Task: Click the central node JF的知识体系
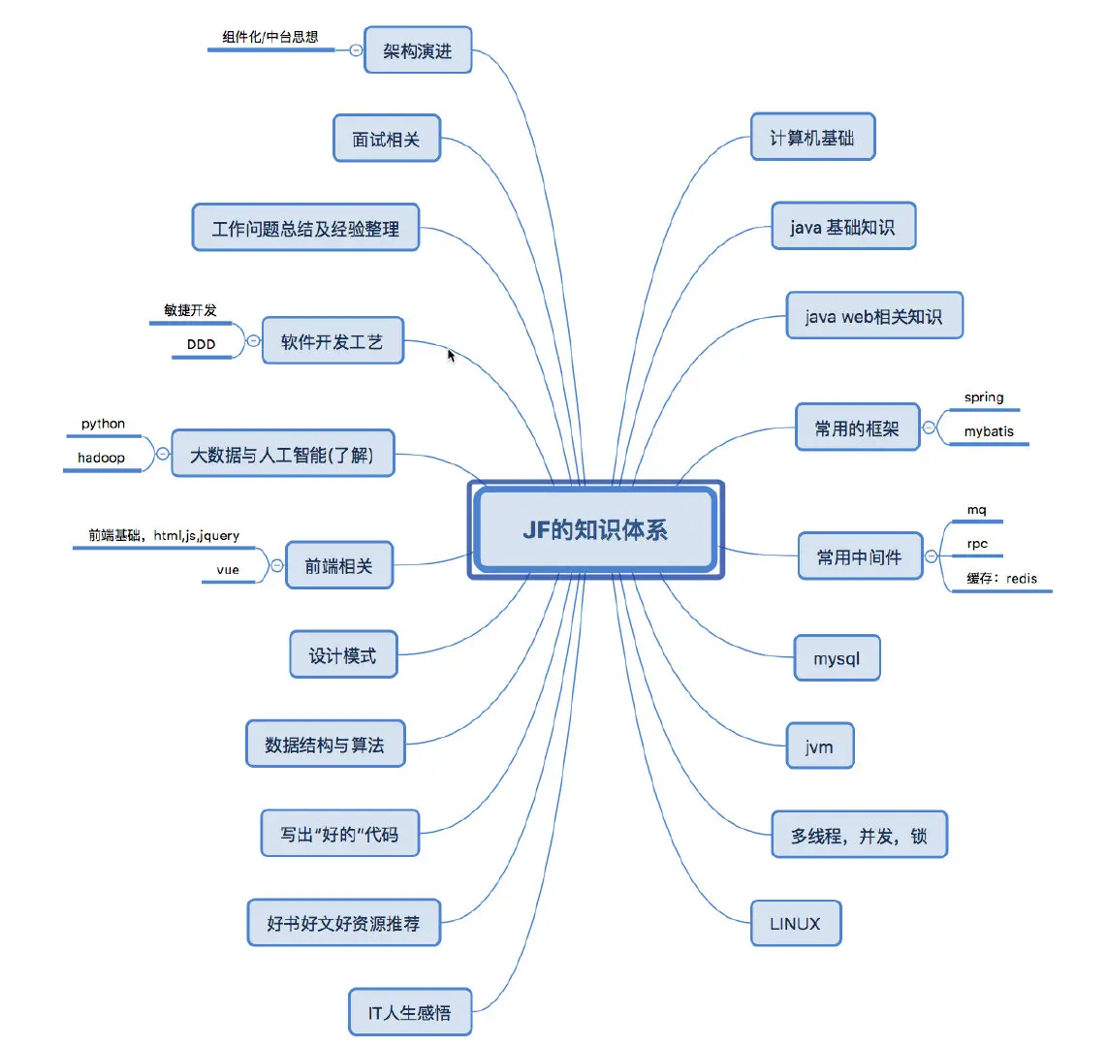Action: [595, 529]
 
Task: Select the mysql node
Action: [837, 658]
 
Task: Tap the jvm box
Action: [819, 746]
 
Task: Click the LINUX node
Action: [795, 924]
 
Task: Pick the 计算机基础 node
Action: [812, 138]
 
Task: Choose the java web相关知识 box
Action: [873, 316]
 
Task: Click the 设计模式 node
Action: [342, 655]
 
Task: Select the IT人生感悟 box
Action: [409, 1013]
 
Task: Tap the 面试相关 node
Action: [386, 140]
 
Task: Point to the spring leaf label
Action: [984, 397]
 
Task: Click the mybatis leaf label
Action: [989, 431]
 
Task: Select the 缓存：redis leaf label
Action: [1001, 579]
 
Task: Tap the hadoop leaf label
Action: [102, 458]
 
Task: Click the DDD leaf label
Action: [201, 344]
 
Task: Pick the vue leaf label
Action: [228, 570]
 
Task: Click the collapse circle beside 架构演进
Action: [356, 49]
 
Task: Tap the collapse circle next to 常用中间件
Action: [932, 556]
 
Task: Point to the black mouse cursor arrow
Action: [451, 355]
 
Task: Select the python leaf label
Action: [103, 424]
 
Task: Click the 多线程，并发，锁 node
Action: [859, 835]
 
